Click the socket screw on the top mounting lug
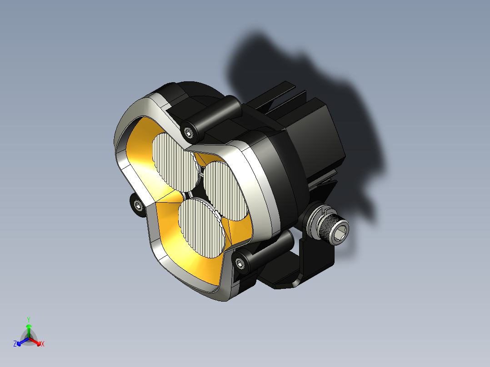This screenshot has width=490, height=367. tap(190, 132)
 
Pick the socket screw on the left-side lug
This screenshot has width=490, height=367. tap(137, 206)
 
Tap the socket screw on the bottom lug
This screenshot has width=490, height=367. tap(240, 263)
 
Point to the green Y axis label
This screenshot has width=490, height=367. tap(29, 319)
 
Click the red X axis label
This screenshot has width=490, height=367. tap(43, 344)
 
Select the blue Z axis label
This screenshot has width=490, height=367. tap(15, 344)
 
